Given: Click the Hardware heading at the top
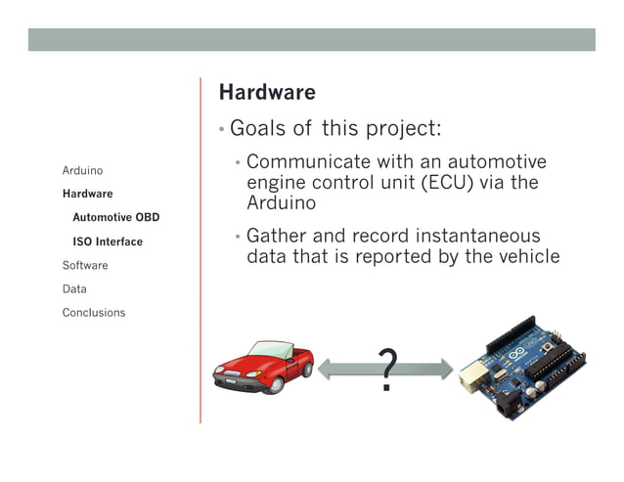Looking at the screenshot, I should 267,93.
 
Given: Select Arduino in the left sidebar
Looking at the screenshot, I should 82,170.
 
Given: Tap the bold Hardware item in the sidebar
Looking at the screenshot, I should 87,194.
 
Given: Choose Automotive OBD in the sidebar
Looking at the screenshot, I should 115,217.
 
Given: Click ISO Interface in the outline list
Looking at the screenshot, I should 107,241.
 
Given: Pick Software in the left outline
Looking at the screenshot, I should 85,265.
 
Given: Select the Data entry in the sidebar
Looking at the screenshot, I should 74,289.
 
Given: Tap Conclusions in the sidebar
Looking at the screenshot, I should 94,313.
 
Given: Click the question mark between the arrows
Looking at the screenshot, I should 387,371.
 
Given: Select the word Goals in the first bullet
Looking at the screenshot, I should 259,130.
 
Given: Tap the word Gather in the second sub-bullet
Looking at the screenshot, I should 277,237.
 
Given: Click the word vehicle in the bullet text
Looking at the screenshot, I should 526,257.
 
